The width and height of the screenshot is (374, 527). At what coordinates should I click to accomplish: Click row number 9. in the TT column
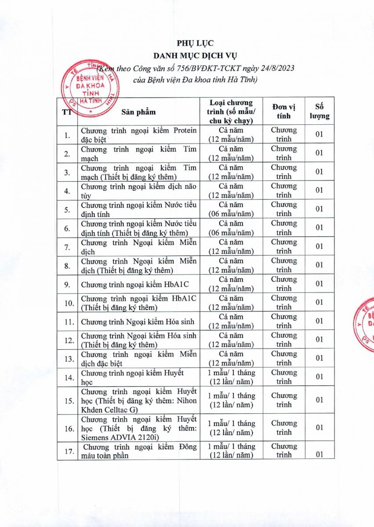tap(67, 284)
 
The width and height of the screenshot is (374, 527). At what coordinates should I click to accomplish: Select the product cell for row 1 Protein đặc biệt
tap(138, 135)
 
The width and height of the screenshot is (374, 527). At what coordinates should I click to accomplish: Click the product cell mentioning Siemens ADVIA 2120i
tap(138, 428)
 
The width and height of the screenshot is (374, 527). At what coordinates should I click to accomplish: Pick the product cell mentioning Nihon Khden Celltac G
tap(138, 400)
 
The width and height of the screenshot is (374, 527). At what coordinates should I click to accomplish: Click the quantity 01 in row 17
tap(320, 454)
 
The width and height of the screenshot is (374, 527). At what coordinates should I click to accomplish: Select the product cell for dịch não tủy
tap(138, 191)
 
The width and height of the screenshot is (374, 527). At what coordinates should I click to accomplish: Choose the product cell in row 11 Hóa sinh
tap(138, 321)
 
